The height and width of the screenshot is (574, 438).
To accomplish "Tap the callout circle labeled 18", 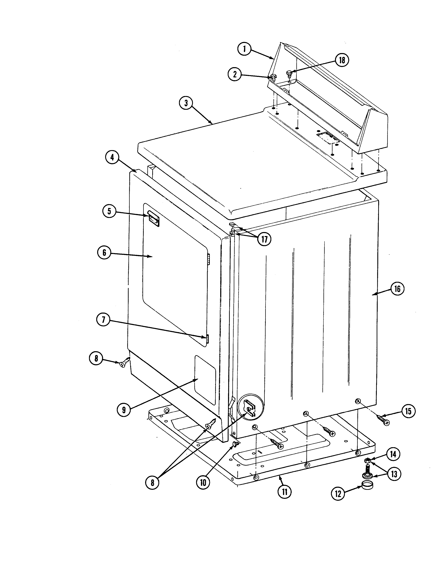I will (342, 60).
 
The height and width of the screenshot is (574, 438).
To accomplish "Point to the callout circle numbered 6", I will (104, 253).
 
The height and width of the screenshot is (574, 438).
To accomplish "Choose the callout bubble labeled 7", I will (104, 320).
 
